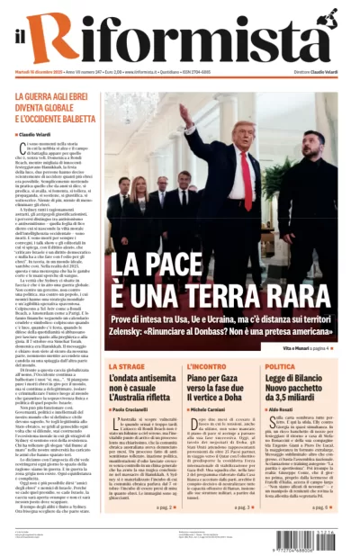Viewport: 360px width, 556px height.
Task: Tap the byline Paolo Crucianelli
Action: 136,409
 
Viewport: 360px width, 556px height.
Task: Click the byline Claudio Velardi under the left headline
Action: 39,134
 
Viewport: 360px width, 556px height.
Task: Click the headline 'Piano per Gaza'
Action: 211,379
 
